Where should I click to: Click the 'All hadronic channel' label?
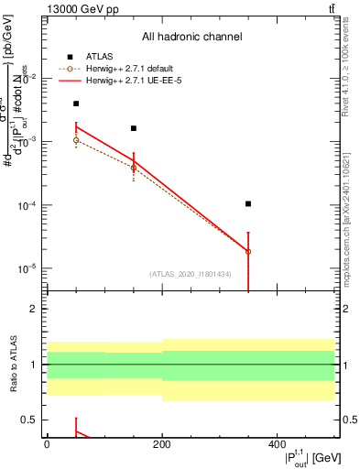[x=191, y=38]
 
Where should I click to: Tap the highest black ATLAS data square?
[x=76, y=104]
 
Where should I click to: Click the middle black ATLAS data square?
[x=134, y=128]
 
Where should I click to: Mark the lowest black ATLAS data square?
[x=248, y=203]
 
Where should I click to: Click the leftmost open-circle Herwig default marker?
[x=76, y=140]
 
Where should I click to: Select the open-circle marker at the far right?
[x=248, y=251]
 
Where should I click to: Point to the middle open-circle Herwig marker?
[x=134, y=168]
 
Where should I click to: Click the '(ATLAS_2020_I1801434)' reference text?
[x=191, y=274]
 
